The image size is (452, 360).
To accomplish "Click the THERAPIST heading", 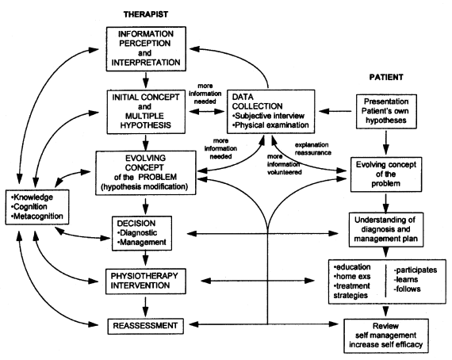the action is pos(146,14).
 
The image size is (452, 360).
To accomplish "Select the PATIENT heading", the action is pos(386,77).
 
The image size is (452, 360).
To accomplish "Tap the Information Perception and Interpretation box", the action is pos(146,48).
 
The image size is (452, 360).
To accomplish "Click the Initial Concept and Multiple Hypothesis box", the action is pos(146,112).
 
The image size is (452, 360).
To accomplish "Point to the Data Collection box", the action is pos(270,112).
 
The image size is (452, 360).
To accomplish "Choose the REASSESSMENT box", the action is pos(146,326).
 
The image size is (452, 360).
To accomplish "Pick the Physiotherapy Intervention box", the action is pos(146,281).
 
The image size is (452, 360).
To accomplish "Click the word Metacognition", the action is pos(37,216).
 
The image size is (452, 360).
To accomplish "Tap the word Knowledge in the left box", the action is pos(32,197).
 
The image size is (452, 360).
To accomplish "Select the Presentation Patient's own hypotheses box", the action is pos(386,111).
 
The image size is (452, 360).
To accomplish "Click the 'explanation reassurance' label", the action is pos(312,149).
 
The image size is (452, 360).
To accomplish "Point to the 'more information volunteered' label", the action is pos(284,164).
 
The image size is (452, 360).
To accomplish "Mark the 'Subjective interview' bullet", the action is pos(268,116).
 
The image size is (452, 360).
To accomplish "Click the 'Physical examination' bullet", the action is pos(270,125).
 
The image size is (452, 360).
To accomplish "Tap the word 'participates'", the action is pos(416,270).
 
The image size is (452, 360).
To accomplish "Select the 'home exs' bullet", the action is pos(352,277).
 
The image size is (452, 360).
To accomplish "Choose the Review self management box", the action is pos(386,335).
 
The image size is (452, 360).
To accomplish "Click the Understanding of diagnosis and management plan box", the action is pos(386,229).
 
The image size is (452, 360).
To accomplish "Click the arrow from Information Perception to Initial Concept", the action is pos(146,80).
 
